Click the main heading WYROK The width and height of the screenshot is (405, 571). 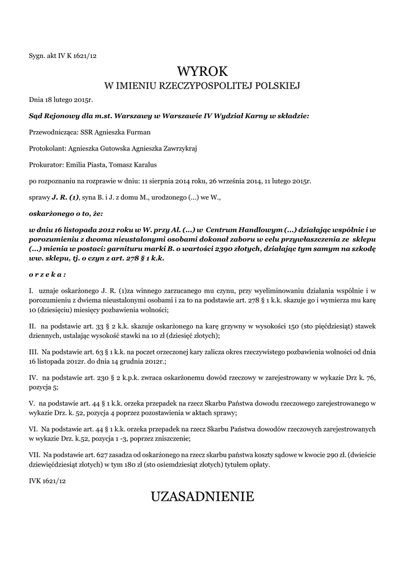point(203,71)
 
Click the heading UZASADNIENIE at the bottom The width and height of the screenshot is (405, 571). point(202,497)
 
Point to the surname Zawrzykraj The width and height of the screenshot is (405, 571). point(174,149)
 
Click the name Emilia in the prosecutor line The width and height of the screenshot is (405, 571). point(76,165)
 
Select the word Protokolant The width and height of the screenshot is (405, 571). point(46,149)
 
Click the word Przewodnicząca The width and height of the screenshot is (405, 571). point(52,133)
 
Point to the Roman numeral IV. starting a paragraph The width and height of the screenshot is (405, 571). point(33,378)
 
